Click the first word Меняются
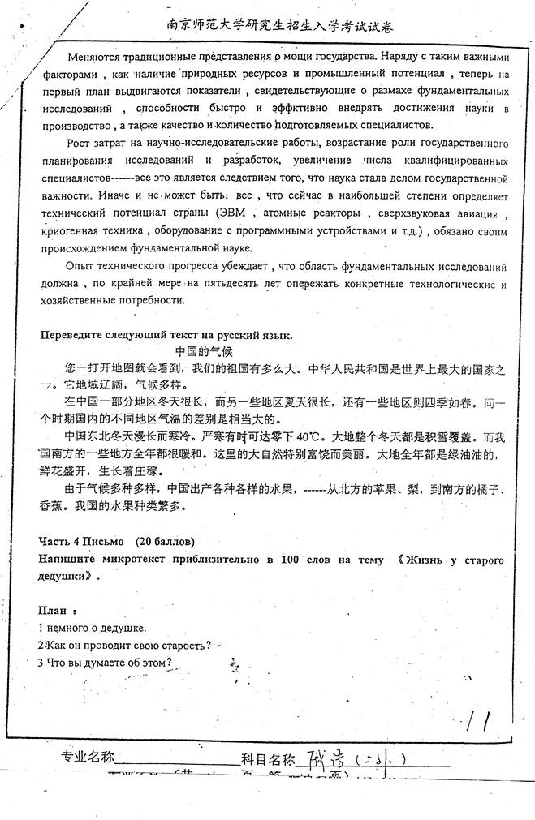tap(95, 57)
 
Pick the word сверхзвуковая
tap(425, 214)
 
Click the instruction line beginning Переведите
tap(166, 336)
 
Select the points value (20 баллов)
tap(166, 541)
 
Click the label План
tap(58, 610)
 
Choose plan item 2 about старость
tap(125, 645)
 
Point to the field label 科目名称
tap(267, 759)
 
